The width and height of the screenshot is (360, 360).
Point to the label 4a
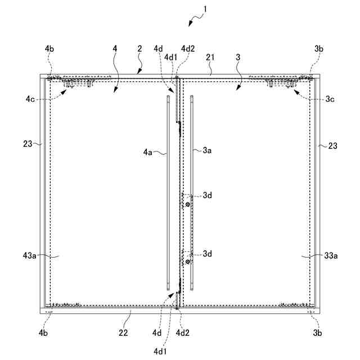click(x=148, y=152)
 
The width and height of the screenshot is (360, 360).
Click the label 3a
click(x=207, y=151)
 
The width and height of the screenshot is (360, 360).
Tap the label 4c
click(x=30, y=98)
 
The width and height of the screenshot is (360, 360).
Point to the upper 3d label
click(x=208, y=195)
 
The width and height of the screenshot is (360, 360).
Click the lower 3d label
click(x=208, y=254)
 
